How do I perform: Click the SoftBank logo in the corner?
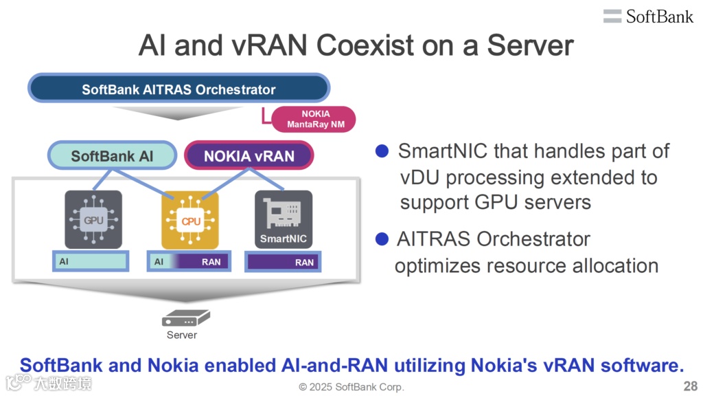[648, 16]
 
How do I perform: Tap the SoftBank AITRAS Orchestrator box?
[178, 89]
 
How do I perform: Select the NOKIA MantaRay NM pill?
[314, 119]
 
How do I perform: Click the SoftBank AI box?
[113, 156]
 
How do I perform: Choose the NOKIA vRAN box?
[249, 156]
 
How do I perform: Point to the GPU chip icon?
[93, 220]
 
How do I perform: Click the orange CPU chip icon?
[190, 220]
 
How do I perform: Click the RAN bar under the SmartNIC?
[283, 262]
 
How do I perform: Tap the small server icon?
[185, 318]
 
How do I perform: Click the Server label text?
[182, 335]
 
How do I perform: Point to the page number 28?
[690, 385]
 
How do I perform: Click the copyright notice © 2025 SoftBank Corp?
[351, 386]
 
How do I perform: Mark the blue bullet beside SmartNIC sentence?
[382, 151]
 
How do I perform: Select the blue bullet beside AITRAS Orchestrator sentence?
[382, 239]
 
